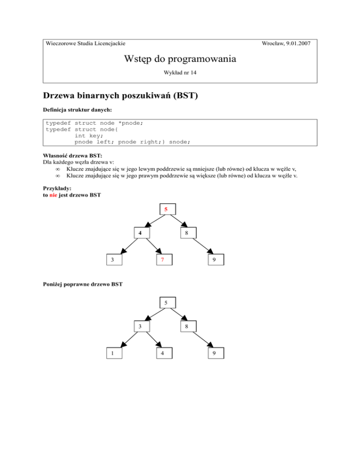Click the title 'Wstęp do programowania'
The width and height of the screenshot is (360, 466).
[180, 59]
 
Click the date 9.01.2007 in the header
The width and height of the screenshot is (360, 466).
[299, 44]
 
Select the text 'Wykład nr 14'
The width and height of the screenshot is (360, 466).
[180, 74]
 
